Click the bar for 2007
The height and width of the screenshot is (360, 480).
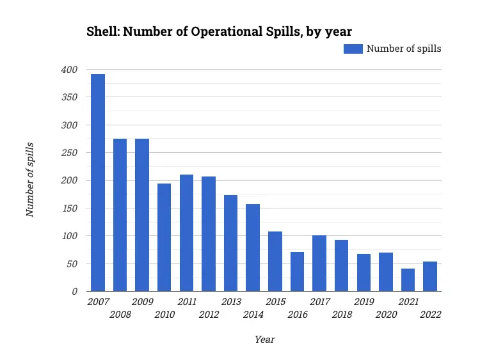(x=98, y=183)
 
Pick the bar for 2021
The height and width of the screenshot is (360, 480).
(x=408, y=280)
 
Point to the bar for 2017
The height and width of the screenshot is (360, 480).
(x=319, y=263)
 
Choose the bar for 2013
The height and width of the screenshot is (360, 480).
(x=230, y=243)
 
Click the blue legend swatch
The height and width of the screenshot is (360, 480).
(x=353, y=49)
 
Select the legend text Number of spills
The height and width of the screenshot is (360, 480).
(x=403, y=49)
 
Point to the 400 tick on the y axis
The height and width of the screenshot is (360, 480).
(x=69, y=70)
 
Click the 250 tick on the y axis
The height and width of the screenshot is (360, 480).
(x=69, y=153)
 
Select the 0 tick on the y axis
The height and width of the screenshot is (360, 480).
(x=75, y=292)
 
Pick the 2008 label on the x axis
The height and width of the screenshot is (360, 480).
(x=120, y=315)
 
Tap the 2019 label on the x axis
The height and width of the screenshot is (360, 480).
(x=364, y=302)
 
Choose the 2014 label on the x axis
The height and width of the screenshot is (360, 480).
(x=253, y=315)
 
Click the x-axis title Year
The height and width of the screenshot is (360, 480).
(x=264, y=340)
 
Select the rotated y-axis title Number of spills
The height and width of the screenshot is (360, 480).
(x=30, y=180)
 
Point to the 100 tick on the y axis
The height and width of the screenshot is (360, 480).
(x=69, y=236)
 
